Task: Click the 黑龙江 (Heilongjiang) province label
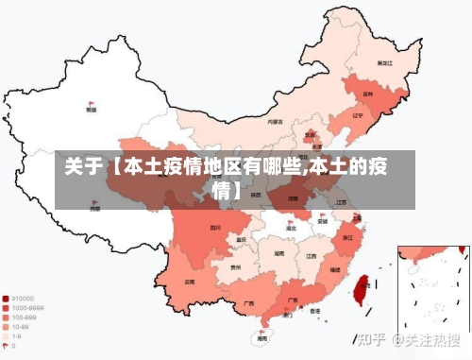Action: (x=384, y=62)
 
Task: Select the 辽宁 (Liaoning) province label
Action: (x=357, y=115)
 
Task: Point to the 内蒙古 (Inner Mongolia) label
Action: (x=275, y=122)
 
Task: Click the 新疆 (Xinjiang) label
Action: (x=91, y=110)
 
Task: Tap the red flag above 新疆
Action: (x=91, y=102)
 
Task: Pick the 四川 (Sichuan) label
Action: (x=215, y=228)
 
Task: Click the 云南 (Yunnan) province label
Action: (x=191, y=282)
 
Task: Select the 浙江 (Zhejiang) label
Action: (x=348, y=237)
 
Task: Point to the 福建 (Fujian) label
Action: (x=334, y=270)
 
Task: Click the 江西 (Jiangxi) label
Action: (x=311, y=255)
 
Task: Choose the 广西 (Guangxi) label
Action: (x=248, y=304)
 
